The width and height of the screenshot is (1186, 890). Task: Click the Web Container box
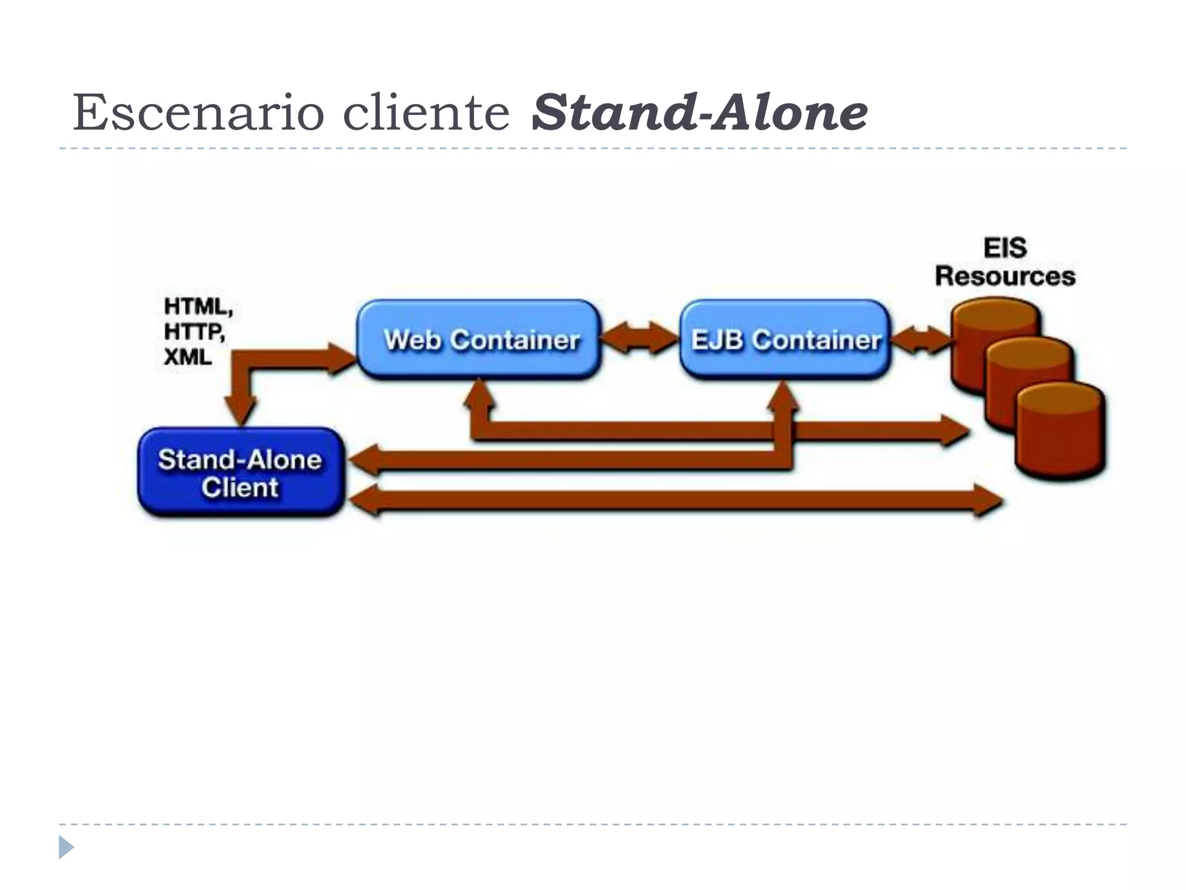479,339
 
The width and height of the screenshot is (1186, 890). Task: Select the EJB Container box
785,339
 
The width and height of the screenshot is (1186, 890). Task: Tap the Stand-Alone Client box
240,472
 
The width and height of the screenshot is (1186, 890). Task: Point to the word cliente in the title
426,112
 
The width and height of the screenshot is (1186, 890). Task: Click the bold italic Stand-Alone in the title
699,112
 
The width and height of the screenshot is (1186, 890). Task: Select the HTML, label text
198,307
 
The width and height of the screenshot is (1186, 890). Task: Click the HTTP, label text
194,332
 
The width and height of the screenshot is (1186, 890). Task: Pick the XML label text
188,357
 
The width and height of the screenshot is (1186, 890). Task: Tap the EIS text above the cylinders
1005,248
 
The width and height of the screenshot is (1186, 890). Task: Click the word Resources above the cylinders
1005,276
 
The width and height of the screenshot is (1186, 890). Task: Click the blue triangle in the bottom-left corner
66,847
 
